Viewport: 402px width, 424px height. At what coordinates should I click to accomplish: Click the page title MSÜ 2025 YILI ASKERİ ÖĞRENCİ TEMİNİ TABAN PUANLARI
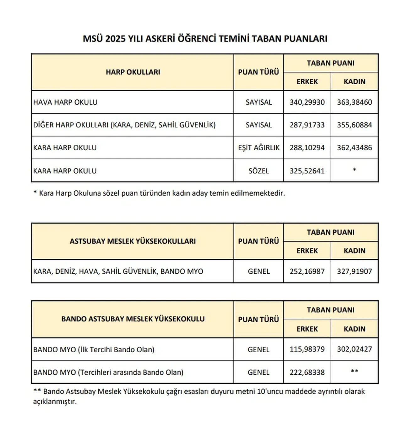pyautogui.click(x=205, y=39)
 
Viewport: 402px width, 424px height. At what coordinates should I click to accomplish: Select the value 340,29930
pyautogui.click(x=307, y=102)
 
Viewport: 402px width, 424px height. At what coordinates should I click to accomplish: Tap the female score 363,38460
pyautogui.click(x=354, y=102)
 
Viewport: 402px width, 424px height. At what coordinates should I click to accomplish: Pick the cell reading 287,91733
pyautogui.click(x=307, y=125)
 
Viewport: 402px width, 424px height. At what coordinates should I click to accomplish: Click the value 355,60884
pyautogui.click(x=354, y=125)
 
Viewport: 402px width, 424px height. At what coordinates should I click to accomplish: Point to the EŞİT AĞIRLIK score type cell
pyautogui.click(x=258, y=148)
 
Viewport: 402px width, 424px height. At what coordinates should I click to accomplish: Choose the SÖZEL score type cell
pyautogui.click(x=258, y=171)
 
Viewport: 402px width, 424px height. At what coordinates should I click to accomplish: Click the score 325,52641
pyautogui.click(x=307, y=171)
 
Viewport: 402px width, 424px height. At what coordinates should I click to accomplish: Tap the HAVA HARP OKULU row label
pyautogui.click(x=65, y=102)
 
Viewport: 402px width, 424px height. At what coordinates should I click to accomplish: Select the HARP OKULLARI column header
pyautogui.click(x=133, y=72)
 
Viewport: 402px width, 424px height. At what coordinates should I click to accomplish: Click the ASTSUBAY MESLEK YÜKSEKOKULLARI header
pyautogui.click(x=133, y=241)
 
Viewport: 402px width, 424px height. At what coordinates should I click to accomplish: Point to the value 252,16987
pyautogui.click(x=307, y=271)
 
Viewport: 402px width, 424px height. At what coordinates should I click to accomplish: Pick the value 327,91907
pyautogui.click(x=354, y=271)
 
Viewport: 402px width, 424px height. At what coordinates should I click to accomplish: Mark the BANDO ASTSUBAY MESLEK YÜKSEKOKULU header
pyautogui.click(x=133, y=319)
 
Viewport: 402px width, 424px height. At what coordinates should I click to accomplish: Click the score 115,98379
pyautogui.click(x=307, y=349)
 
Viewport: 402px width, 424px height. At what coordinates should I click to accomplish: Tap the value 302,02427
pyautogui.click(x=354, y=349)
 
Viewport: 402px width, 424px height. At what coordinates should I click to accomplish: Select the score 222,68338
pyautogui.click(x=307, y=372)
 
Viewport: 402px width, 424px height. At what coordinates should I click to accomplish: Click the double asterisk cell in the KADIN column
pyautogui.click(x=354, y=371)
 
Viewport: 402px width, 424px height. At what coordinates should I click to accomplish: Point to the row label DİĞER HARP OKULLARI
pyautogui.click(x=124, y=125)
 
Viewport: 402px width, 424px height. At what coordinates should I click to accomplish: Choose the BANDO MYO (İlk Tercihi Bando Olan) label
pyautogui.click(x=94, y=349)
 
